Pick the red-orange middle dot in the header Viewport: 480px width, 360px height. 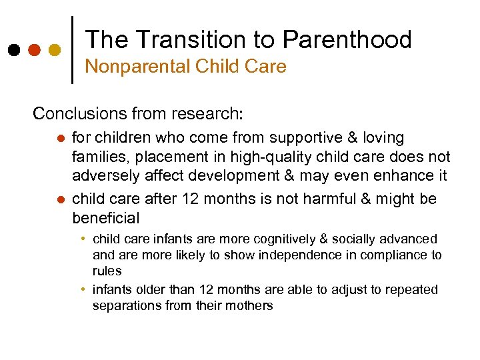(34, 50)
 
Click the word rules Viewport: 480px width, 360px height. (107, 271)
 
